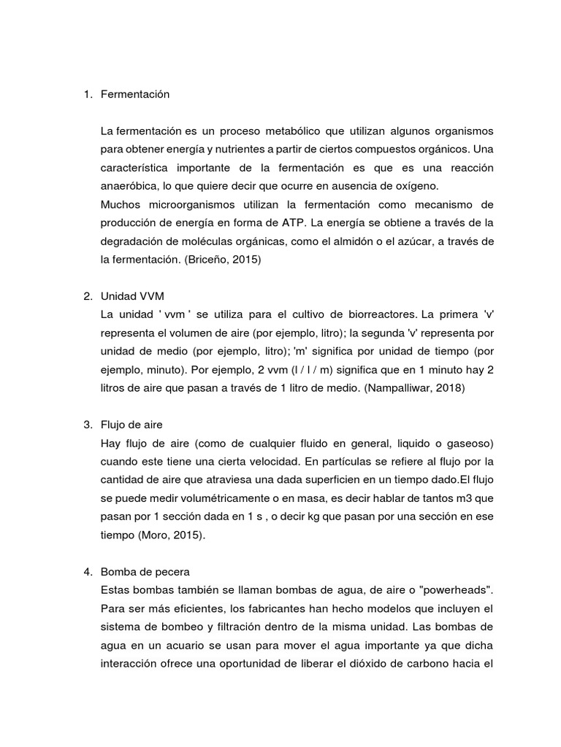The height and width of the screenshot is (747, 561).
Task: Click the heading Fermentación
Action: (135, 94)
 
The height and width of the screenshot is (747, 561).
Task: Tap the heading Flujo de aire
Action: (132, 424)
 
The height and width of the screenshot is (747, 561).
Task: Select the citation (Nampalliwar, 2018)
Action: (414, 387)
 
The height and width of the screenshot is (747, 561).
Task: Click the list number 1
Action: (87, 94)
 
